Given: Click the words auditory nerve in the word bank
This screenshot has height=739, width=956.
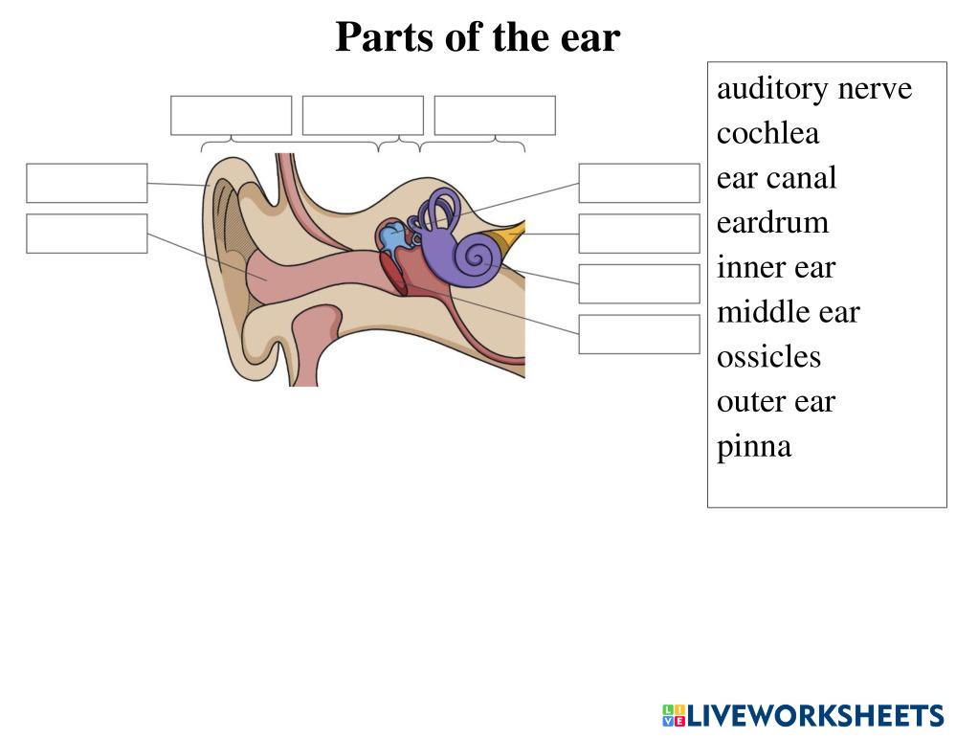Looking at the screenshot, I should tap(814, 89).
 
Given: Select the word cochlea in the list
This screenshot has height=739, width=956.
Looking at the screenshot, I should tap(767, 133).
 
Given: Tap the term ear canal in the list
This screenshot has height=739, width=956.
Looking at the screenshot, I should tap(776, 178).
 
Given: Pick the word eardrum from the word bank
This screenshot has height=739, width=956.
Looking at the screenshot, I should tap(772, 223).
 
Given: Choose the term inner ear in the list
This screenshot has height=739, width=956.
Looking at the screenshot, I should tap(775, 267).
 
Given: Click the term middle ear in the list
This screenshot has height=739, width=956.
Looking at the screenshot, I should tap(788, 312).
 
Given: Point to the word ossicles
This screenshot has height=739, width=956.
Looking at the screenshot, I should tap(768, 357).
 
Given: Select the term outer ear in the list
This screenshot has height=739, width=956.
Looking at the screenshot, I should tap(775, 401).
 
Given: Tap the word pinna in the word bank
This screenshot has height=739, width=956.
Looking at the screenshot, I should tap(754, 446).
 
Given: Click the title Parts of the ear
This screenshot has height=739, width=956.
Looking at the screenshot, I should tap(478, 38).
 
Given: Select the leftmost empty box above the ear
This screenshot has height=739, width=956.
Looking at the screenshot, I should tap(232, 116).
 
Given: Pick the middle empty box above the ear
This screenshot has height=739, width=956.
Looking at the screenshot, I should tap(363, 116).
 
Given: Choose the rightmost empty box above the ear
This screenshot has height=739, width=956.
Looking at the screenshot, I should tap(495, 116).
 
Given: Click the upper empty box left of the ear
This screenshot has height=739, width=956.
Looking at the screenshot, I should tap(87, 183).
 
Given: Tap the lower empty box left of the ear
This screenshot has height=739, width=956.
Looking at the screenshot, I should tap(87, 234).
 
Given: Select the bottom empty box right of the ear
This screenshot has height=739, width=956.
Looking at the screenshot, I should tap(639, 334).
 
